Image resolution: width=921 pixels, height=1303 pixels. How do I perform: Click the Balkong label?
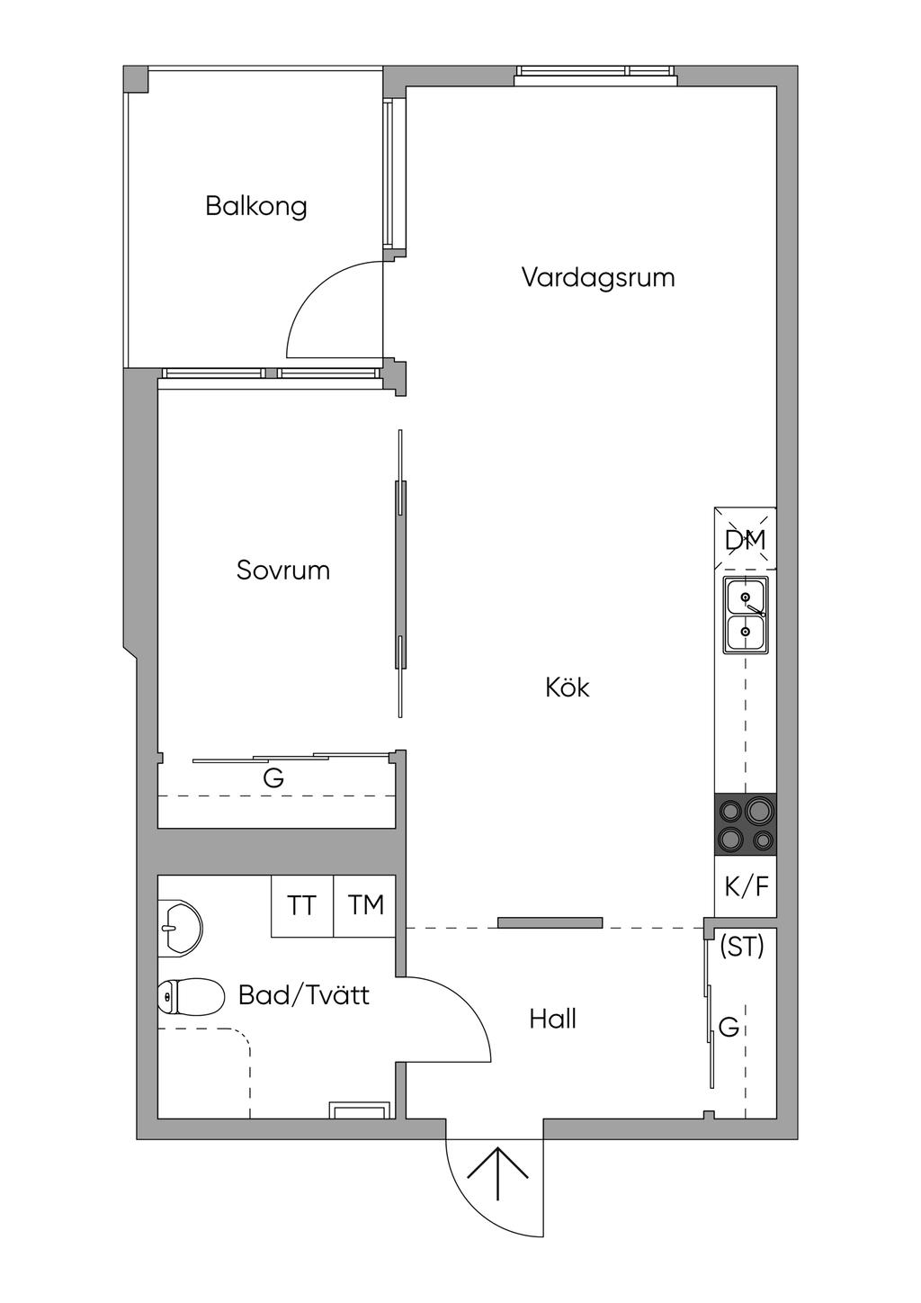coord(255,207)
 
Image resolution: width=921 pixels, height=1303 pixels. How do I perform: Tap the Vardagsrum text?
coord(598,278)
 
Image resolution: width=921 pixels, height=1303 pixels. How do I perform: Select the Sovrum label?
coord(283,571)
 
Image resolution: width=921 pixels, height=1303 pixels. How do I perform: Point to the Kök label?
coord(568,687)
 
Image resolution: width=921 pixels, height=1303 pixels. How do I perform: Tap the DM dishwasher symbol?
coord(746,539)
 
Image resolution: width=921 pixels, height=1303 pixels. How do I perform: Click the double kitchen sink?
coord(746,615)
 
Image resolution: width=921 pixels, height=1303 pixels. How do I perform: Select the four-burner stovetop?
coord(746,823)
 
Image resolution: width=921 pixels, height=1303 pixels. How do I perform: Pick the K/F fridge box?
coord(746,886)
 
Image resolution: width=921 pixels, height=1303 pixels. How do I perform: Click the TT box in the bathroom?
coord(302,905)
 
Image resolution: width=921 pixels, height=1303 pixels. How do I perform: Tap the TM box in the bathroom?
coord(364,905)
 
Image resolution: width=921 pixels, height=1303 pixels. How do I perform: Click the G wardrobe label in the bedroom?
coord(273,777)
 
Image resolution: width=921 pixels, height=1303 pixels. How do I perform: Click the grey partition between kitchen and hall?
coord(550,922)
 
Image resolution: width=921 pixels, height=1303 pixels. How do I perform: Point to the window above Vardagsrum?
coord(596,75)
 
